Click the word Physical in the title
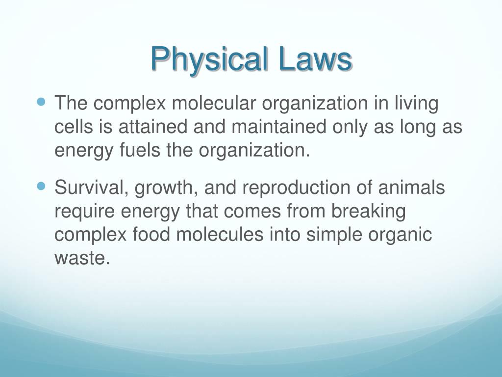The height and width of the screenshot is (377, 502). click(x=209, y=60)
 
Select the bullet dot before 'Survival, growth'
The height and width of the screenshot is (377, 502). click(x=42, y=186)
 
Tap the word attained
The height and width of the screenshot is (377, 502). click(x=153, y=127)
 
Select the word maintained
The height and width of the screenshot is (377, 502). click(x=278, y=127)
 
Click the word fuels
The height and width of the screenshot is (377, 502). click(x=140, y=150)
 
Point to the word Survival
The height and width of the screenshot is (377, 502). click(x=89, y=188)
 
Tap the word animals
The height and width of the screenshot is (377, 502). click(x=411, y=187)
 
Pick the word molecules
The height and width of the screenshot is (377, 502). click(x=220, y=234)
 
